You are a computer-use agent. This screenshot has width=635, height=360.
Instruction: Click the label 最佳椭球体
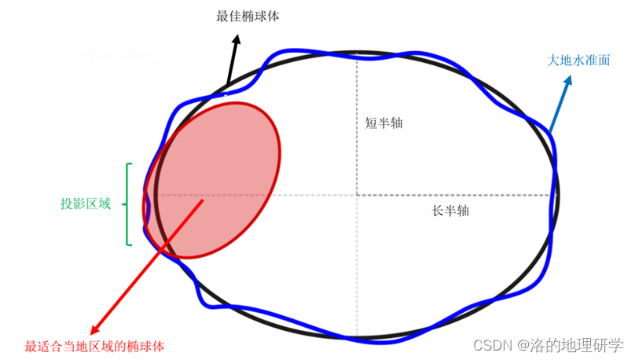point(248,16)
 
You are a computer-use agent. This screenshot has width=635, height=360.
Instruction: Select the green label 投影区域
point(86,204)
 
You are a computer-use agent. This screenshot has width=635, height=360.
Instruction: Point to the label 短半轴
point(385,123)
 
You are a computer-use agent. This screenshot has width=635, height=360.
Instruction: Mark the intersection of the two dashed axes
point(357,194)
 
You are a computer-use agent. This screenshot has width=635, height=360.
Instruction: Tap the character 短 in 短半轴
point(372,123)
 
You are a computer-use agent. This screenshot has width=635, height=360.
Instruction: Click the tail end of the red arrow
point(204,200)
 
